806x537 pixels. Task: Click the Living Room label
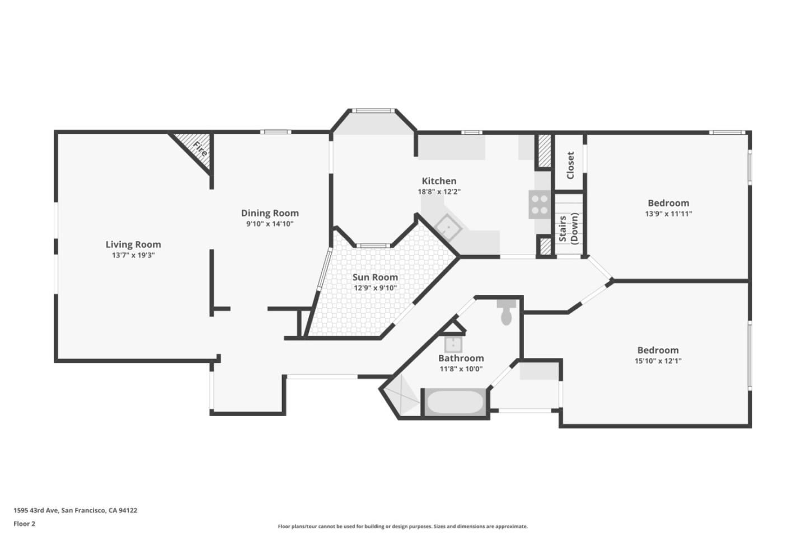[133, 244]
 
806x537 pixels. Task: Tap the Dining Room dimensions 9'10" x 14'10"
[270, 224]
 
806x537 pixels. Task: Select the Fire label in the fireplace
[200, 149]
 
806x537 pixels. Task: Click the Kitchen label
[439, 181]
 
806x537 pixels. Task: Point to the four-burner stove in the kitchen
[540, 205]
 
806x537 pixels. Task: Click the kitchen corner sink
[448, 228]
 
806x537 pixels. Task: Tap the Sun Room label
[375, 277]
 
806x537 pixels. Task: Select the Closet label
[570, 166]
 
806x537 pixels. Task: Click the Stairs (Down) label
[569, 229]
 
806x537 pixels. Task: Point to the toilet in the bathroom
[506, 312]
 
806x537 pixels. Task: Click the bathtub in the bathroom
[455, 402]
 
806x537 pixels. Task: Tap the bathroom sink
[453, 344]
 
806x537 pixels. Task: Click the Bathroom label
[461, 358]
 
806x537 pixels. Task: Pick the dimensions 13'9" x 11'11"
[668, 214]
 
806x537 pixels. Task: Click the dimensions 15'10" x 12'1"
[658, 361]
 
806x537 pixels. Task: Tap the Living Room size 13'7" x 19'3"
[133, 256]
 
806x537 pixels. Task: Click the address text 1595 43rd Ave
[36, 510]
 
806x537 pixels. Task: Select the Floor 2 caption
[25, 524]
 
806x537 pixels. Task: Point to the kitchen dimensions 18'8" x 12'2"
[439, 192]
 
